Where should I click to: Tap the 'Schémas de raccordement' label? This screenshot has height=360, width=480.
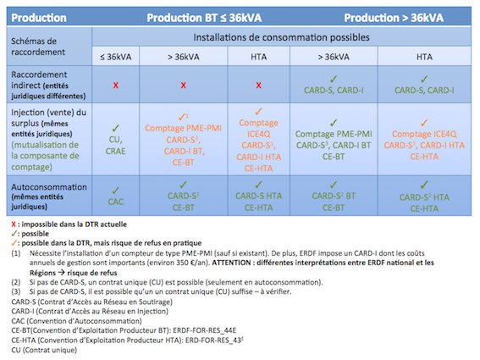pyautogui.click(x=41, y=47)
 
